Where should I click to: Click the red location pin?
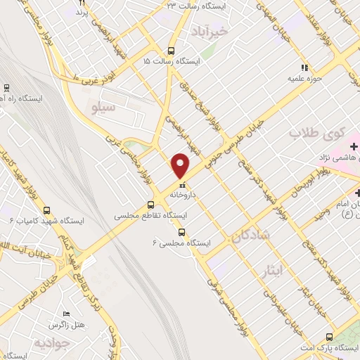[181, 165]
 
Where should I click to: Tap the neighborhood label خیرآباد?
[210, 31]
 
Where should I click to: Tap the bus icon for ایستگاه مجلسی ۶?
[183, 233]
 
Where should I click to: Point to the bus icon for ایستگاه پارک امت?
[330, 337]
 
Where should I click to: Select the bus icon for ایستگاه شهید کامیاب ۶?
[47, 210]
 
